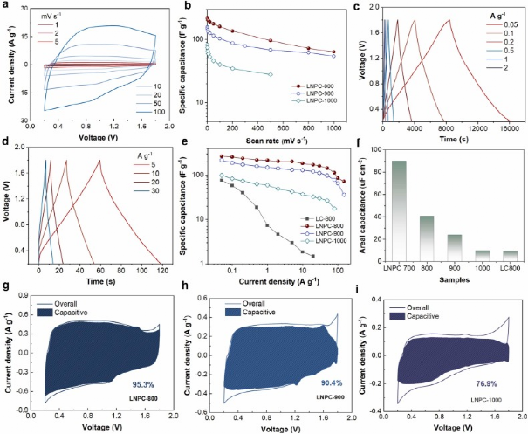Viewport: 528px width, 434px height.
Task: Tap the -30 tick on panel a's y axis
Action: coord(25,120)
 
